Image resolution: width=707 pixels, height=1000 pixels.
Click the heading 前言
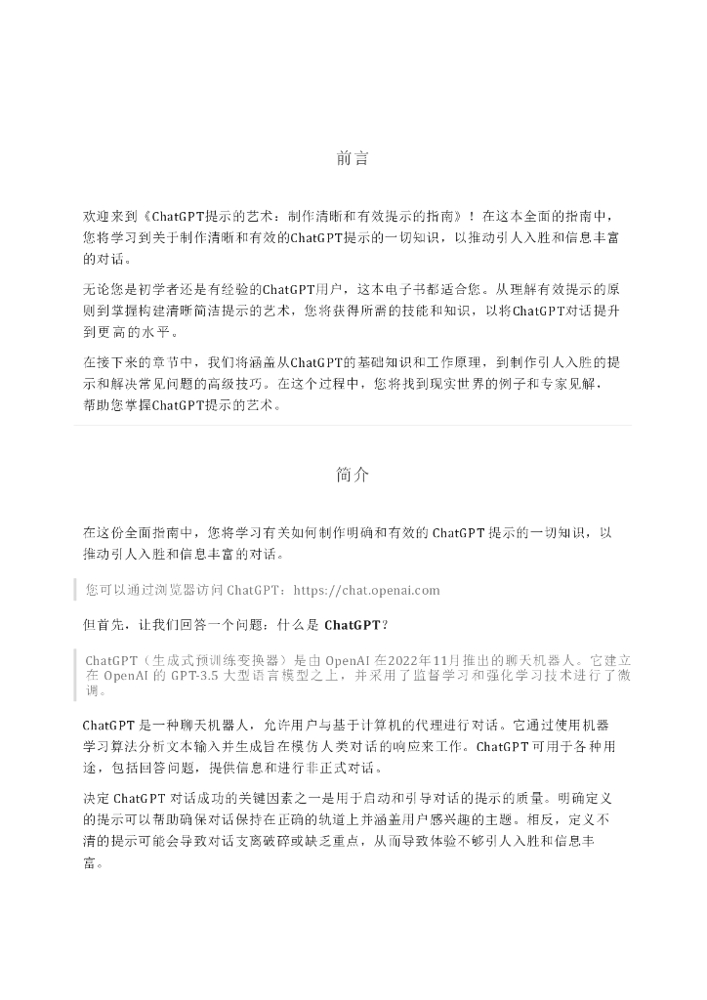point(353,158)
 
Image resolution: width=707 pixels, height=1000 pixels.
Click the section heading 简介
point(353,476)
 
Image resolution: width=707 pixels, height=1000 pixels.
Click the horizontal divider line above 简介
point(353,426)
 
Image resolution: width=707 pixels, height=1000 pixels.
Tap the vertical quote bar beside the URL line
point(76,590)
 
